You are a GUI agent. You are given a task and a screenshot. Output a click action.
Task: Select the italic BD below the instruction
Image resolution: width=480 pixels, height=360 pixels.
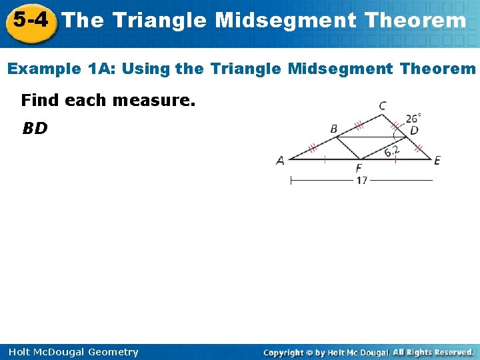coord(35,128)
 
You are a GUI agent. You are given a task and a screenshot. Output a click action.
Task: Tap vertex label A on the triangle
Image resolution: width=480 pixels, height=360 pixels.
coord(281,160)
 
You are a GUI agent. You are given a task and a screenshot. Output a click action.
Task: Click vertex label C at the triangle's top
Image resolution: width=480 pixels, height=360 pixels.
coord(381,106)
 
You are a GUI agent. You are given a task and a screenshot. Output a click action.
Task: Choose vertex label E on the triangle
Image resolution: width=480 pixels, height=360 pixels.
coord(437,160)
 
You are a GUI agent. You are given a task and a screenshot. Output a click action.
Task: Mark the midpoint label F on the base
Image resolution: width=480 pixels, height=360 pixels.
coord(359,168)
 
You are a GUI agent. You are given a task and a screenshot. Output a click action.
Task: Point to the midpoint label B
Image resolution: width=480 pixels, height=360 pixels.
coord(333,129)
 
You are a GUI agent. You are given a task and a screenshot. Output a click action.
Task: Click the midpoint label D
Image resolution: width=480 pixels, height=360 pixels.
coord(414,131)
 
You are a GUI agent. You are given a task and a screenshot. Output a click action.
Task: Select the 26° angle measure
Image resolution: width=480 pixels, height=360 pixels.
coord(413,118)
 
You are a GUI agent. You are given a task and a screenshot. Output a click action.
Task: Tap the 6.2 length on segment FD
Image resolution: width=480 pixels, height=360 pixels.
coord(392,151)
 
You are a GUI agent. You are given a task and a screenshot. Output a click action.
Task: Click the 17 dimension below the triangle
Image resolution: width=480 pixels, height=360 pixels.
coord(361,180)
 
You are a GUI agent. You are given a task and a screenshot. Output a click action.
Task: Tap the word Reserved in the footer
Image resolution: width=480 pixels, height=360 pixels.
coord(451,352)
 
